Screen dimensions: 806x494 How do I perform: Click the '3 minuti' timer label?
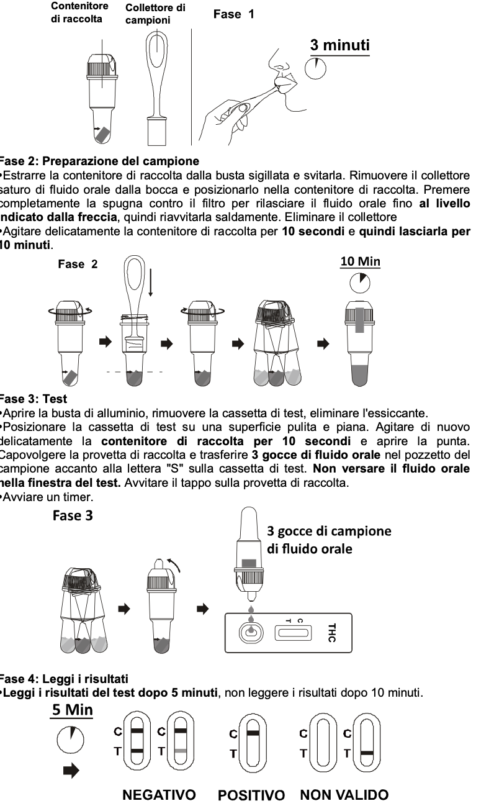pyautogui.click(x=339, y=45)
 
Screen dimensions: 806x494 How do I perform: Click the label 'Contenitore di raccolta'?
pyautogui.click(x=79, y=12)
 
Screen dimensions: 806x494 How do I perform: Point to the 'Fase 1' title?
pyautogui.click(x=233, y=14)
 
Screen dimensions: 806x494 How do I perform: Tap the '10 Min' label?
pyautogui.click(x=360, y=261)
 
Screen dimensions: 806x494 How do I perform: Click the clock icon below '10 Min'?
pyautogui.click(x=360, y=284)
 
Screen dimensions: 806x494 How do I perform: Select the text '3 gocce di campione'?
pyautogui.click(x=329, y=531)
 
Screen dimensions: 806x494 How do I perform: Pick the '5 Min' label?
pyautogui.click(x=72, y=709)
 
